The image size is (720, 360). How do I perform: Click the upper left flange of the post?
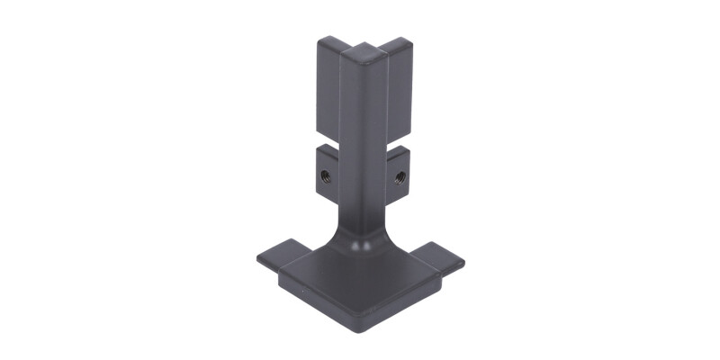coord(328,90)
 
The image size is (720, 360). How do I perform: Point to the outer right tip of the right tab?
coord(463,264)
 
